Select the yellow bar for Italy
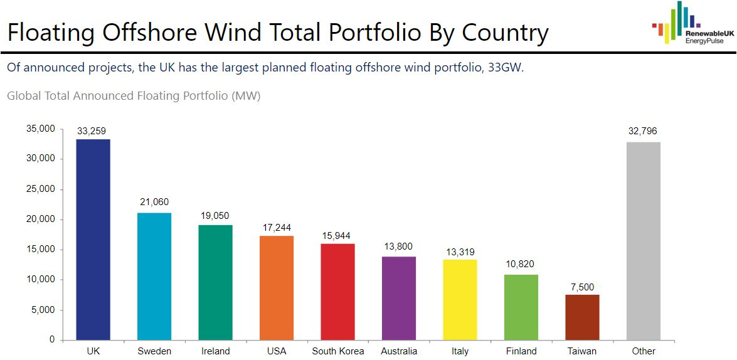click(x=460, y=300)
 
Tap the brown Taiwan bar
click(x=582, y=317)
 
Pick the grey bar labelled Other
click(x=643, y=241)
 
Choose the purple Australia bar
click(x=398, y=298)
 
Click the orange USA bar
click(x=277, y=288)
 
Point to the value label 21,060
click(x=154, y=202)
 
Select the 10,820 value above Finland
click(x=521, y=264)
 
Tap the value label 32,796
click(x=643, y=131)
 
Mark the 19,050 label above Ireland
click(x=215, y=214)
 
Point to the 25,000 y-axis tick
click(x=41, y=189)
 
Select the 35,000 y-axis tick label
click(x=41, y=129)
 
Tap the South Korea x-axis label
click(x=337, y=351)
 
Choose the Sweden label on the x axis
click(x=154, y=351)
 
